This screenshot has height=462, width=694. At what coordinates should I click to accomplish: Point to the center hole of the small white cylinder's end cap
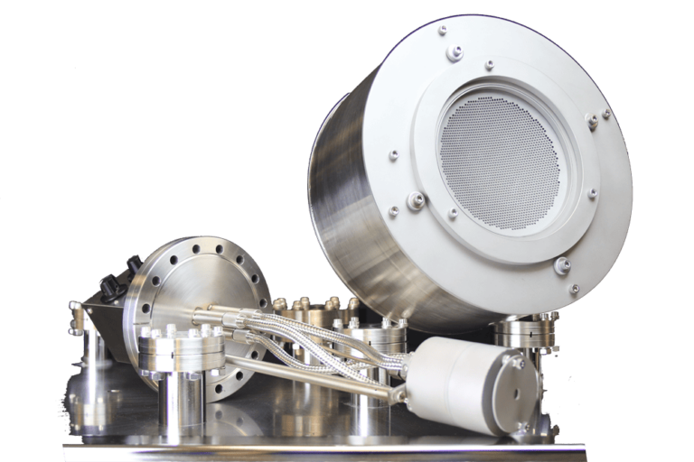[516, 393]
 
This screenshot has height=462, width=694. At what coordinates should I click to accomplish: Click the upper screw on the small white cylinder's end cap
[518, 363]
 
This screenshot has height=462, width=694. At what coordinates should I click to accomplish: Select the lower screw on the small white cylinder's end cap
[521, 425]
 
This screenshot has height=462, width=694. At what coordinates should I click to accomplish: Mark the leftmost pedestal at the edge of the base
[86, 338]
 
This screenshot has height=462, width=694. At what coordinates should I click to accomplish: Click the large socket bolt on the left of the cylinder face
[416, 201]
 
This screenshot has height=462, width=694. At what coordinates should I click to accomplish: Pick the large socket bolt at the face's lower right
[562, 265]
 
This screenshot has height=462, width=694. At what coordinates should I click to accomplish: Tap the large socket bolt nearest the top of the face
[455, 53]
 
